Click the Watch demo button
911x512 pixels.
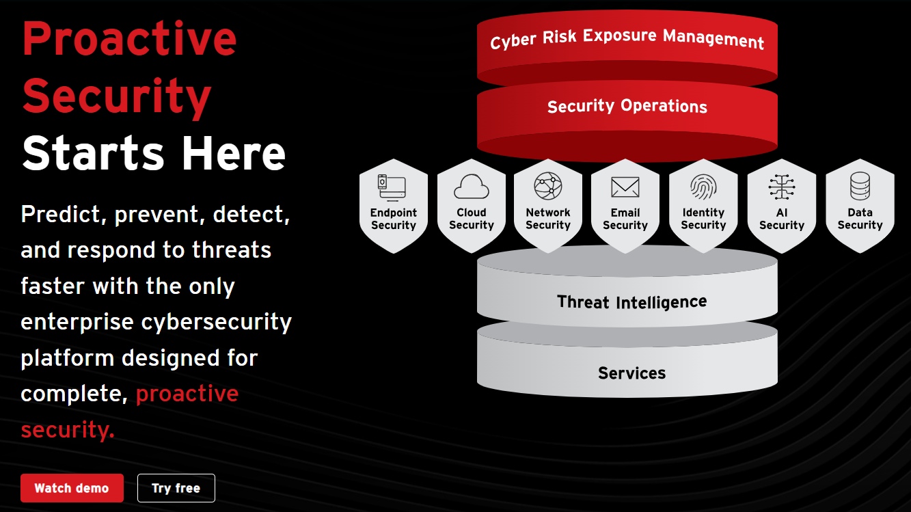point(72,488)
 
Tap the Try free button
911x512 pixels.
point(176,488)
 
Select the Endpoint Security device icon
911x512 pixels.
point(392,187)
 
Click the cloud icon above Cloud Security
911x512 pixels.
point(472,187)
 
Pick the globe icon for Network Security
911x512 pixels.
point(548,186)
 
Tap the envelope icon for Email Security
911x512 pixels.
point(625,187)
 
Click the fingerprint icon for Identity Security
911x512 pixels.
point(703,187)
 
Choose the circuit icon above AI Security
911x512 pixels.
point(782,187)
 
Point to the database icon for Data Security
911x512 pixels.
point(860,186)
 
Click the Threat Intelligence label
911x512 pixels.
point(631,302)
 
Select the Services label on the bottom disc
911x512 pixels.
point(631,373)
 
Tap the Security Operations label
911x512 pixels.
point(627,106)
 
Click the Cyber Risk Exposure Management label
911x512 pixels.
point(627,39)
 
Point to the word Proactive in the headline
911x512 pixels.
point(129,39)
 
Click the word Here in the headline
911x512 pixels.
point(234,153)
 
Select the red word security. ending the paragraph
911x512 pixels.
point(68,429)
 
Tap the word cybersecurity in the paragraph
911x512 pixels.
point(217,323)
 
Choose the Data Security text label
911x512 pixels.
point(860,219)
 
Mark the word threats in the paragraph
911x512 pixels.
point(232,250)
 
